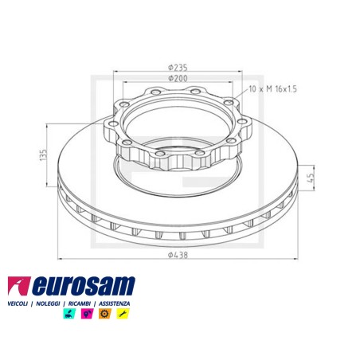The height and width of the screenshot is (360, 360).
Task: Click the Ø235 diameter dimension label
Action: pyautogui.click(x=177, y=67)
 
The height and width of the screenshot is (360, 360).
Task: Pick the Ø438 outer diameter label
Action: pyautogui.click(x=177, y=255)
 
